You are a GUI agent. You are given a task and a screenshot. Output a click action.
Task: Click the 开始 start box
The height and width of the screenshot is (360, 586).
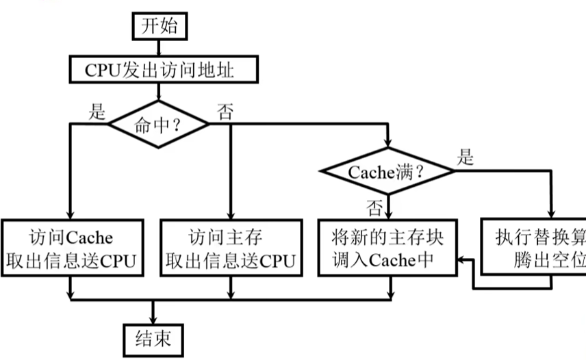[160, 26]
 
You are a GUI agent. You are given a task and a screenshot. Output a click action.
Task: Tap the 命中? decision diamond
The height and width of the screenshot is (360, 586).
[159, 124]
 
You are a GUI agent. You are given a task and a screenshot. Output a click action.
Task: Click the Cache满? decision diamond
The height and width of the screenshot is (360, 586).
[388, 172]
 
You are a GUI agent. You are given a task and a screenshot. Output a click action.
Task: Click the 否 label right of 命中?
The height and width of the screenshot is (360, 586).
[225, 112]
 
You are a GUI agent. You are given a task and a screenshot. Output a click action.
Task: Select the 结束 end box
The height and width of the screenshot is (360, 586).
[153, 339]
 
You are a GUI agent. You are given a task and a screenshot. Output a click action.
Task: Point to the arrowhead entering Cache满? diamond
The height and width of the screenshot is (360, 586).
[388, 144]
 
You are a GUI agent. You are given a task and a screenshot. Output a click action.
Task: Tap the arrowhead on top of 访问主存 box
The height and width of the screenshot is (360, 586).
[230, 215]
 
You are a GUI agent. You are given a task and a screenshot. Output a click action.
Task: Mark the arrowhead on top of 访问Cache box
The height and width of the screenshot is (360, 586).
[71, 215]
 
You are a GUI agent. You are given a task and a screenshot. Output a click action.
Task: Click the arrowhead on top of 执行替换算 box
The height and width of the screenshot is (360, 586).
[550, 215]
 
